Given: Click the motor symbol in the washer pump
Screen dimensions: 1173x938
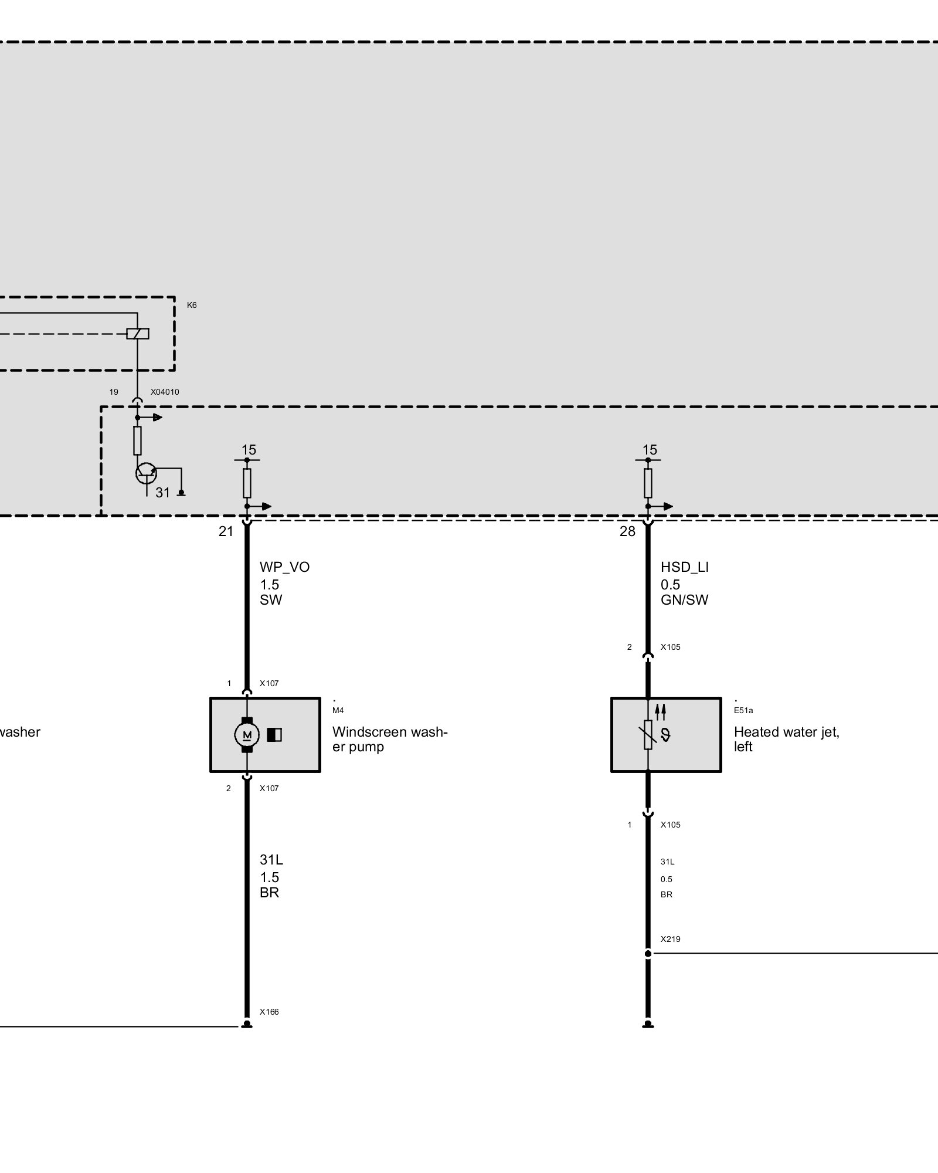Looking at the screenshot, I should tap(247, 735).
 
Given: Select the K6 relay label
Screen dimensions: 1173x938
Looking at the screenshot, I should tap(192, 306).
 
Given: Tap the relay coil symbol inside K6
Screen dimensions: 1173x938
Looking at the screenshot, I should tap(138, 334).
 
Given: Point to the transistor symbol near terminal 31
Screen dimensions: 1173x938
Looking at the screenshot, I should tap(145, 473).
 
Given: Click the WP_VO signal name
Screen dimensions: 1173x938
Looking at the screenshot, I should tap(284, 567).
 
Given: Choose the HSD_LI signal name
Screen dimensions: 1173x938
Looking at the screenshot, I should tap(684, 567).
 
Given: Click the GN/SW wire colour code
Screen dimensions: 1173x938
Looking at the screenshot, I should tap(684, 600).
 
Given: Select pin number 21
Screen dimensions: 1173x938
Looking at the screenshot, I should tap(226, 532).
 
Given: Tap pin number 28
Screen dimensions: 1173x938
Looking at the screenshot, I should tap(627, 532).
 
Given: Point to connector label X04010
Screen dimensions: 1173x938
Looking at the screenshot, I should tap(165, 392).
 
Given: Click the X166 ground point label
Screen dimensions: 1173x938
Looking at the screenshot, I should tap(269, 1012).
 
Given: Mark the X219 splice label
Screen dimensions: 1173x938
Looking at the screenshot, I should tap(670, 939).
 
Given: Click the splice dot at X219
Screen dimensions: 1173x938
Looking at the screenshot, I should tap(648, 954).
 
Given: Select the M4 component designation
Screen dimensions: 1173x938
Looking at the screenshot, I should tap(338, 711).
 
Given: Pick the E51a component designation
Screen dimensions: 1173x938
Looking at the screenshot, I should tap(743, 711).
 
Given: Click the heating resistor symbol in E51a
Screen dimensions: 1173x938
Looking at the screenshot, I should tap(648, 735).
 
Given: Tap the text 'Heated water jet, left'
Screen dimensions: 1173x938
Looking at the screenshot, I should tap(786, 739).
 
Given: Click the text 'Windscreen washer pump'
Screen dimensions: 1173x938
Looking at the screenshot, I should tap(389, 739).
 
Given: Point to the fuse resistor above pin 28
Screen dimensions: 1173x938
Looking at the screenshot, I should tap(648, 483).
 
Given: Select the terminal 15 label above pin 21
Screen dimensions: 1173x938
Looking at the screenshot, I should tap(249, 450).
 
